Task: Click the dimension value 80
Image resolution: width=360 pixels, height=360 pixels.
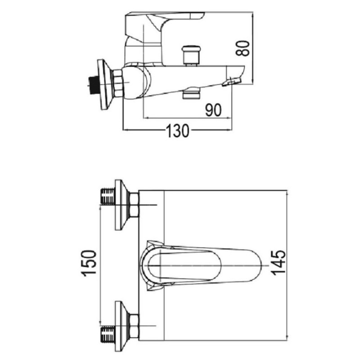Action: [x=243, y=49]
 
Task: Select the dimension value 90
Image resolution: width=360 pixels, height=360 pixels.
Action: [x=213, y=110]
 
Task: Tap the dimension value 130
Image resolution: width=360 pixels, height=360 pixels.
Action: [x=178, y=131]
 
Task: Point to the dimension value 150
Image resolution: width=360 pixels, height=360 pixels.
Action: [x=88, y=263]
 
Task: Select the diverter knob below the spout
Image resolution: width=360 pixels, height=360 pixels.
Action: [x=191, y=94]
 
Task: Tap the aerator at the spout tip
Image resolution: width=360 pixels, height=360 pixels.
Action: [x=231, y=82]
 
